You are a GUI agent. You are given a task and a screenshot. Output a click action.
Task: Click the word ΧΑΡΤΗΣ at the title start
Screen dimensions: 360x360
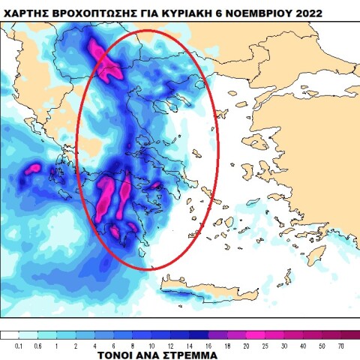(x=29, y=12)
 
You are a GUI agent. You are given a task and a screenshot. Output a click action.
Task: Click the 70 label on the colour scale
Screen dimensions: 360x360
(x=340, y=346)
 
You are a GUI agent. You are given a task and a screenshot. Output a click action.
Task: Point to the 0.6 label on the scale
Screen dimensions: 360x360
(x=37, y=346)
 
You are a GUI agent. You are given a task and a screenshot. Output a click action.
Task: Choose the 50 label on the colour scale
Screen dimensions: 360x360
(x=322, y=346)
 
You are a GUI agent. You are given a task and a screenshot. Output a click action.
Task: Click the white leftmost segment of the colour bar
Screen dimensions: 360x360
(x=9, y=335)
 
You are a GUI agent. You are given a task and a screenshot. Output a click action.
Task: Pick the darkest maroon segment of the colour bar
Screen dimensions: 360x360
(x=349, y=335)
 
